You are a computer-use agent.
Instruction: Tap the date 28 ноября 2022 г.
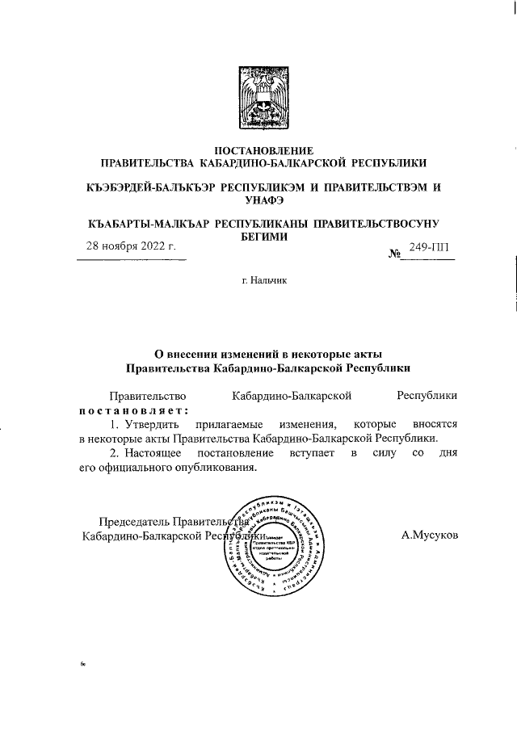coord(131,247)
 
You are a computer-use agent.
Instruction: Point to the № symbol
coord(396,254)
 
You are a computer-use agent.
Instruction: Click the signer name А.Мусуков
coord(429,535)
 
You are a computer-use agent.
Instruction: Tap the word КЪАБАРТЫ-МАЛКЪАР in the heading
coord(149,221)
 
